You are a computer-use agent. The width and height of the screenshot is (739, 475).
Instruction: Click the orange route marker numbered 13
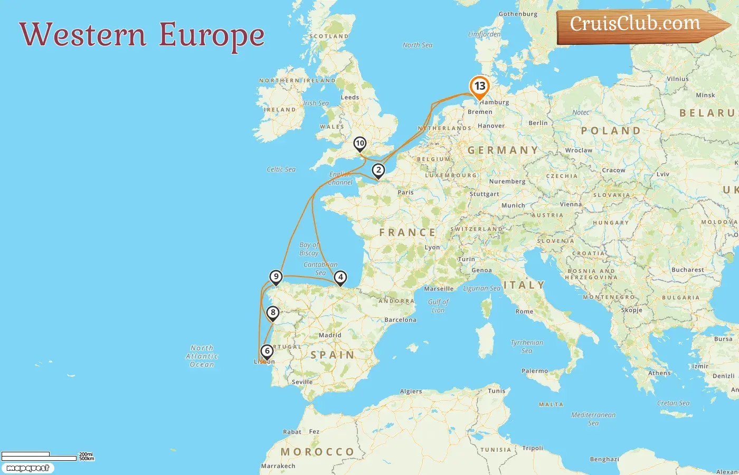point(479,87)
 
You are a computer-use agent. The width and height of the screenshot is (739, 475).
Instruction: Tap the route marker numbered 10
point(360,144)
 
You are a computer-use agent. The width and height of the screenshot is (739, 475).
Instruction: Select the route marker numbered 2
point(378,170)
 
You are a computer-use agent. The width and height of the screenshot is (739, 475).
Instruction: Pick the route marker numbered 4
point(340,278)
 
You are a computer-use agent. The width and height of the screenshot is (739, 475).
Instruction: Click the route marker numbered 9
point(276,277)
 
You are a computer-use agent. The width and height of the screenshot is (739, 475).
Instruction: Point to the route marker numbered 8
point(273,313)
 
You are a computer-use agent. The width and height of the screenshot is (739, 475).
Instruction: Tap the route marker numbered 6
point(267,351)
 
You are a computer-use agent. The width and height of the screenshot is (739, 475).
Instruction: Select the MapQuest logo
point(27,468)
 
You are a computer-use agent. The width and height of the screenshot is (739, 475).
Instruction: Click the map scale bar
point(40,457)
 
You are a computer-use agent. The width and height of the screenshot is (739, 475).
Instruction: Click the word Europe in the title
point(212,35)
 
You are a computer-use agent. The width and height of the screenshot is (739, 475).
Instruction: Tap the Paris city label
point(405,193)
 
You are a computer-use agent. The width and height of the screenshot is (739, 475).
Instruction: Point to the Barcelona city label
point(400,320)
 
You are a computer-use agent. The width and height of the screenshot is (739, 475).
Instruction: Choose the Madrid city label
point(330,335)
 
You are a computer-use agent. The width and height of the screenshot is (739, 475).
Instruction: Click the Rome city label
point(524,311)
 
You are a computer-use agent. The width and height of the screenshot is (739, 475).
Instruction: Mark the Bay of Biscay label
point(309,249)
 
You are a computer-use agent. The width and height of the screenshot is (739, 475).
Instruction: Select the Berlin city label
point(538,123)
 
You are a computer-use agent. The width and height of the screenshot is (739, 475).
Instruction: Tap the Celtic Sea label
point(281,169)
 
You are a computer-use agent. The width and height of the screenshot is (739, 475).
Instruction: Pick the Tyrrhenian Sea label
point(526,346)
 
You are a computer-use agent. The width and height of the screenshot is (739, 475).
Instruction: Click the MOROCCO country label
point(317,452)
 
